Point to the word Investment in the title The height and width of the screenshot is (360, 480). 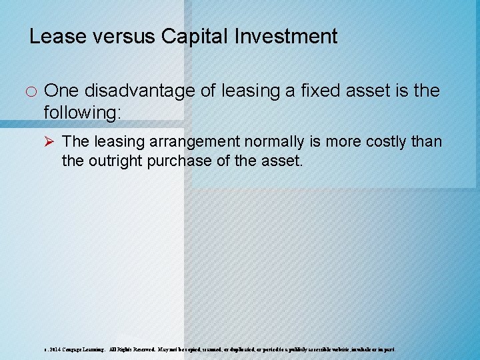coord(288,36)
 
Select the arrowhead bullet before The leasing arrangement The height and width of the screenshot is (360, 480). coord(51,142)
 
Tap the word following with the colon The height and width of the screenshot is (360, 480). coord(83,113)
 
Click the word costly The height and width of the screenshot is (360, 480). coord(384,142)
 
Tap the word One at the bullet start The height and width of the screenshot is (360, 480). coord(61,91)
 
